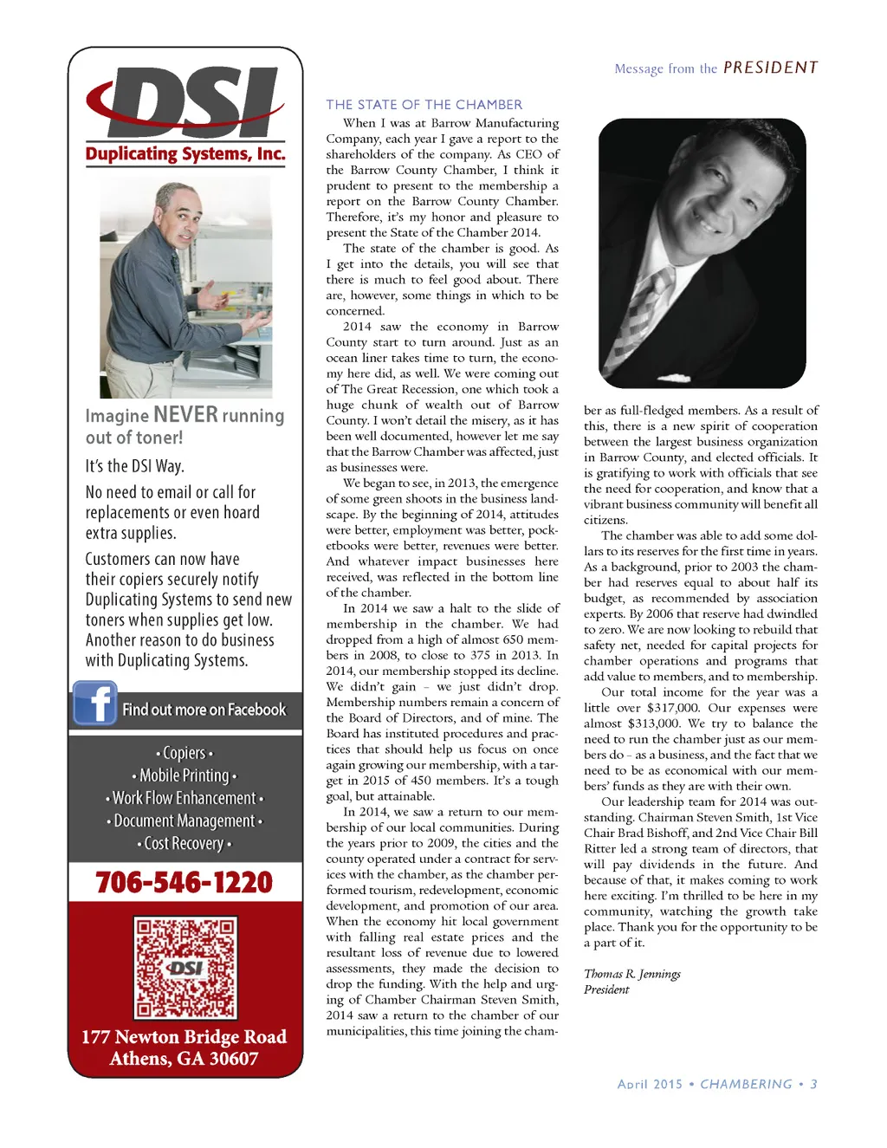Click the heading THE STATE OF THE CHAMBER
[424, 105]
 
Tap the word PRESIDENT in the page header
[770, 68]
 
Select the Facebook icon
[94, 704]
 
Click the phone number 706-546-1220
[185, 882]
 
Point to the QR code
[185, 968]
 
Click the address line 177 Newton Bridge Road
[184, 1037]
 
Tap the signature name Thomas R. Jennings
[631, 974]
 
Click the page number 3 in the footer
[813, 1084]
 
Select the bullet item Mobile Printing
[184, 775]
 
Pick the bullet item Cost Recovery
[184, 843]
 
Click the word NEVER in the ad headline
[185, 415]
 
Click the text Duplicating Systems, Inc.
[185, 154]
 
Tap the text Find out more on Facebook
[204, 710]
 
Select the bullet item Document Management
[184, 820]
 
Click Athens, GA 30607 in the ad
[184, 1059]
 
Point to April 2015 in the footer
[650, 1084]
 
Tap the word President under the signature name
[606, 989]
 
